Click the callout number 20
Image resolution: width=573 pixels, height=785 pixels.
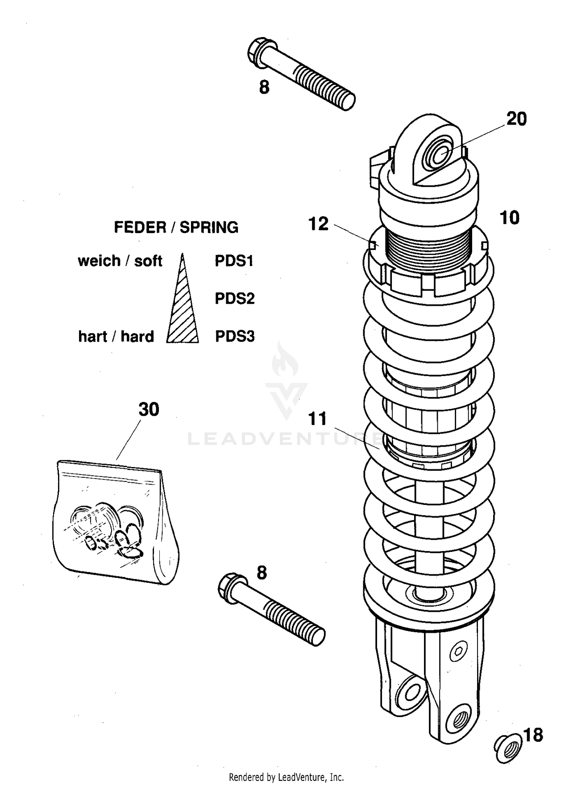pos(516,119)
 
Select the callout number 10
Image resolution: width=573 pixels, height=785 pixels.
pos(509,218)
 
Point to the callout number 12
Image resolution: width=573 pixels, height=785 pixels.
pos(318,224)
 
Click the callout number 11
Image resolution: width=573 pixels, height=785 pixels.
pos(317,418)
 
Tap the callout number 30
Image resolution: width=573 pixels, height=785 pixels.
pos(149,409)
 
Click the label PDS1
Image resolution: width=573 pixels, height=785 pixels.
pos(234,261)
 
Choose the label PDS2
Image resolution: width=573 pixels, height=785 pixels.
pos(235,298)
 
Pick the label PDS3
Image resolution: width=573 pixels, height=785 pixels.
pos(235,337)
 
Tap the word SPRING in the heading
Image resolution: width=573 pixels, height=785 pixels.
pos(209,227)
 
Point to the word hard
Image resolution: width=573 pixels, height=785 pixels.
pos(137,337)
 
